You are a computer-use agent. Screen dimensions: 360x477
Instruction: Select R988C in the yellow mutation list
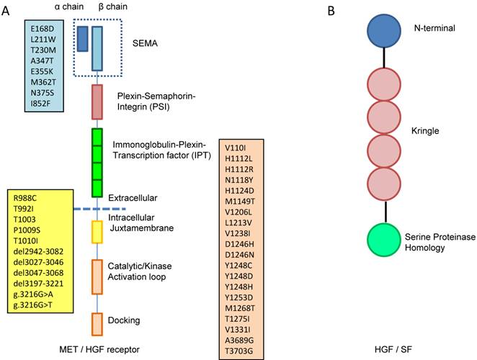(26, 197)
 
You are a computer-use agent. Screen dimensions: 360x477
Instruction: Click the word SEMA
(146, 43)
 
